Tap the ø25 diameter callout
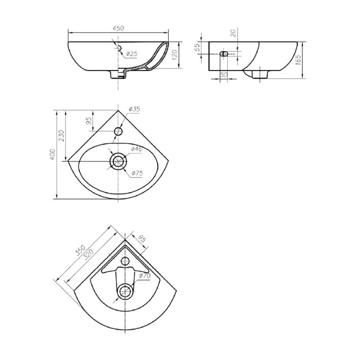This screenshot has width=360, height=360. click(x=132, y=53)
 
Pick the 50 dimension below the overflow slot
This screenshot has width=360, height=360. click(x=224, y=75)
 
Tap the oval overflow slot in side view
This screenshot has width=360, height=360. click(x=225, y=53)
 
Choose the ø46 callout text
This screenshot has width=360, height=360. click(x=136, y=149)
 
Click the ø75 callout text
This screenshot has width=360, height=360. click(x=137, y=173)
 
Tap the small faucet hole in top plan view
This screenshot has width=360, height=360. click(x=119, y=132)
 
